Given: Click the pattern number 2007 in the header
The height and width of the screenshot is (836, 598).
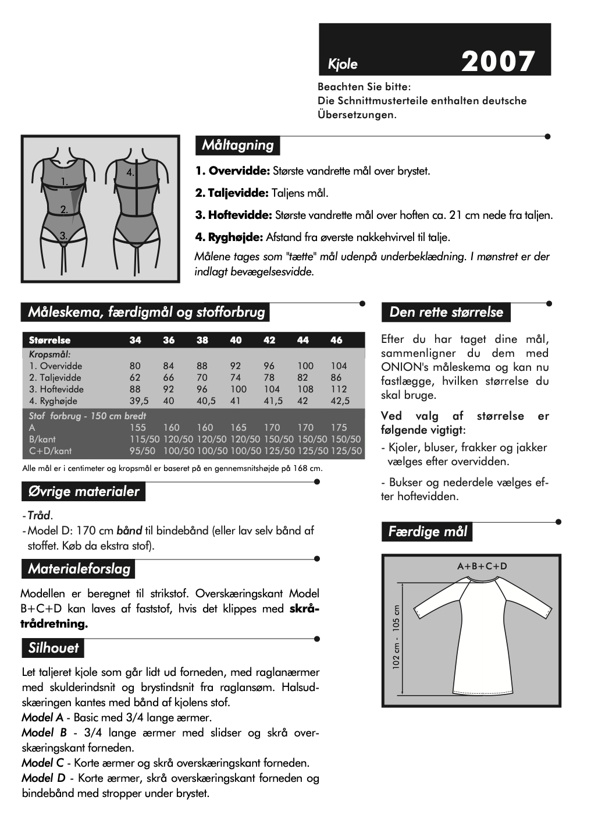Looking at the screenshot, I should [498, 62].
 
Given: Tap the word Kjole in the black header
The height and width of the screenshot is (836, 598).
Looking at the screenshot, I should [343, 64].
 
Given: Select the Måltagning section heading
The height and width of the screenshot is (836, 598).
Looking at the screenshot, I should [237, 145].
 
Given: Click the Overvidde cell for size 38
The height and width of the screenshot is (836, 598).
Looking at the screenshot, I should [202, 366].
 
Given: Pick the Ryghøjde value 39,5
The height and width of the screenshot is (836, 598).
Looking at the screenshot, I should [139, 401].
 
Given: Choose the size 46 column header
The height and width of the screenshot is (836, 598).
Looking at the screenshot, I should [336, 340].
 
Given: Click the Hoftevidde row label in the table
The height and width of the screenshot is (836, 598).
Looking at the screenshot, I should [56, 389].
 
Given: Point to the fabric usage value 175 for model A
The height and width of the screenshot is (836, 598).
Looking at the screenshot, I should [339, 427].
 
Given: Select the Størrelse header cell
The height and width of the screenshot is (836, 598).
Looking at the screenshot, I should [49, 340].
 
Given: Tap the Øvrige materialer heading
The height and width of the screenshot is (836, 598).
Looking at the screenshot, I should [84, 491].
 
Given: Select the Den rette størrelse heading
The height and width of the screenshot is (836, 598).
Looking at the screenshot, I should [446, 312].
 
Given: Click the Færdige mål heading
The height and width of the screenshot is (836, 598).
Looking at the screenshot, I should [428, 532].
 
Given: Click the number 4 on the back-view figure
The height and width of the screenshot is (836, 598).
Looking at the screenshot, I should [130, 172].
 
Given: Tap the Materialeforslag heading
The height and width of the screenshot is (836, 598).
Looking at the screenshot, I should [79, 569].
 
